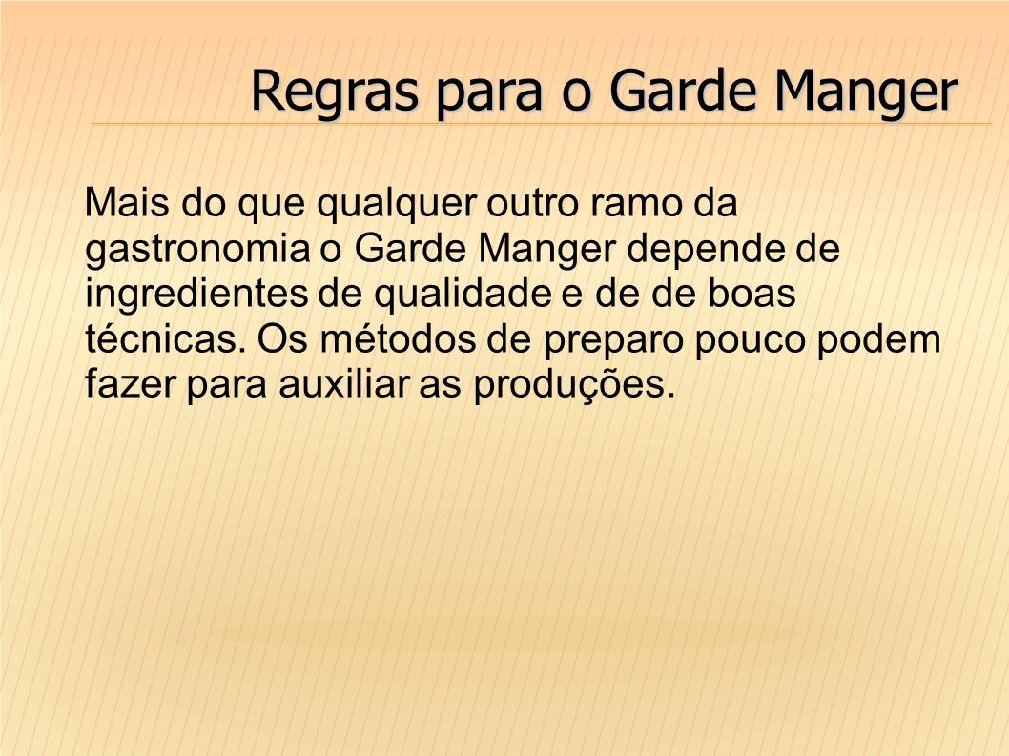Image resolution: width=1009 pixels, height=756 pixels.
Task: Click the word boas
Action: pos(752,294)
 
